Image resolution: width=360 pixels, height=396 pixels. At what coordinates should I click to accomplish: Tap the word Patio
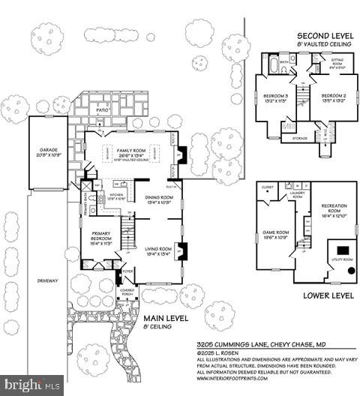click(103, 109)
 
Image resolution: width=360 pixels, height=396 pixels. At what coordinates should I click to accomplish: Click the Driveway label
click(46, 280)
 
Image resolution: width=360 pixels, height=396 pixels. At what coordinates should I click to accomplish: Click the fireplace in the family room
click(180, 154)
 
